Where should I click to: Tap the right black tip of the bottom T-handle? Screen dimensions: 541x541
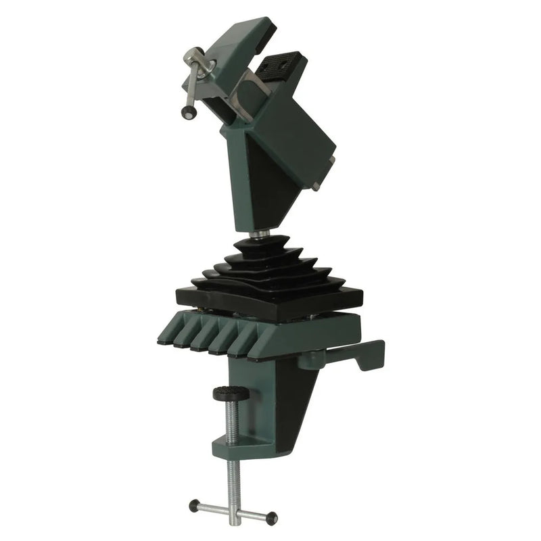pos(272,519)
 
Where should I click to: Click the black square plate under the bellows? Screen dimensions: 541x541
pos(270,301)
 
